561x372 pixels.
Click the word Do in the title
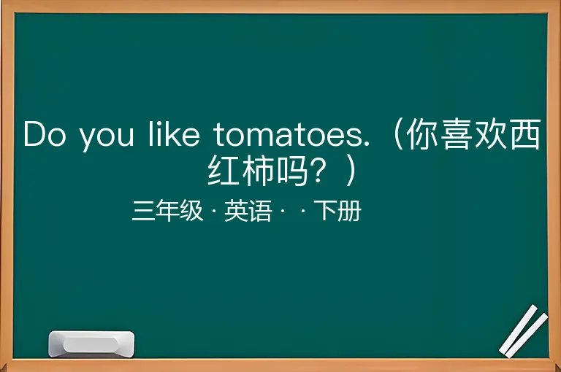click(x=45, y=134)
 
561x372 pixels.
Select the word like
click(x=174, y=133)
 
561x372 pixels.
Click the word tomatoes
click(x=291, y=134)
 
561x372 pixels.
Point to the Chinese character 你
click(x=422, y=134)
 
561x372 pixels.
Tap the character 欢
click(x=490, y=134)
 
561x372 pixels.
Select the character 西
click(x=524, y=134)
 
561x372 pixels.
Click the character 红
click(x=224, y=170)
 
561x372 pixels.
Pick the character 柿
click(x=258, y=170)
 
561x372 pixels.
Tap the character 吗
click(x=291, y=170)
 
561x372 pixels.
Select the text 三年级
click(x=167, y=211)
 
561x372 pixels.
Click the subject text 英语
click(x=248, y=211)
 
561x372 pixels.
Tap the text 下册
click(x=337, y=211)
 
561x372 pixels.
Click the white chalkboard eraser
click(x=91, y=344)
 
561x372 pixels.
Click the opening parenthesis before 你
click(x=398, y=134)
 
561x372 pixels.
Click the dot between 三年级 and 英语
click(x=214, y=211)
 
